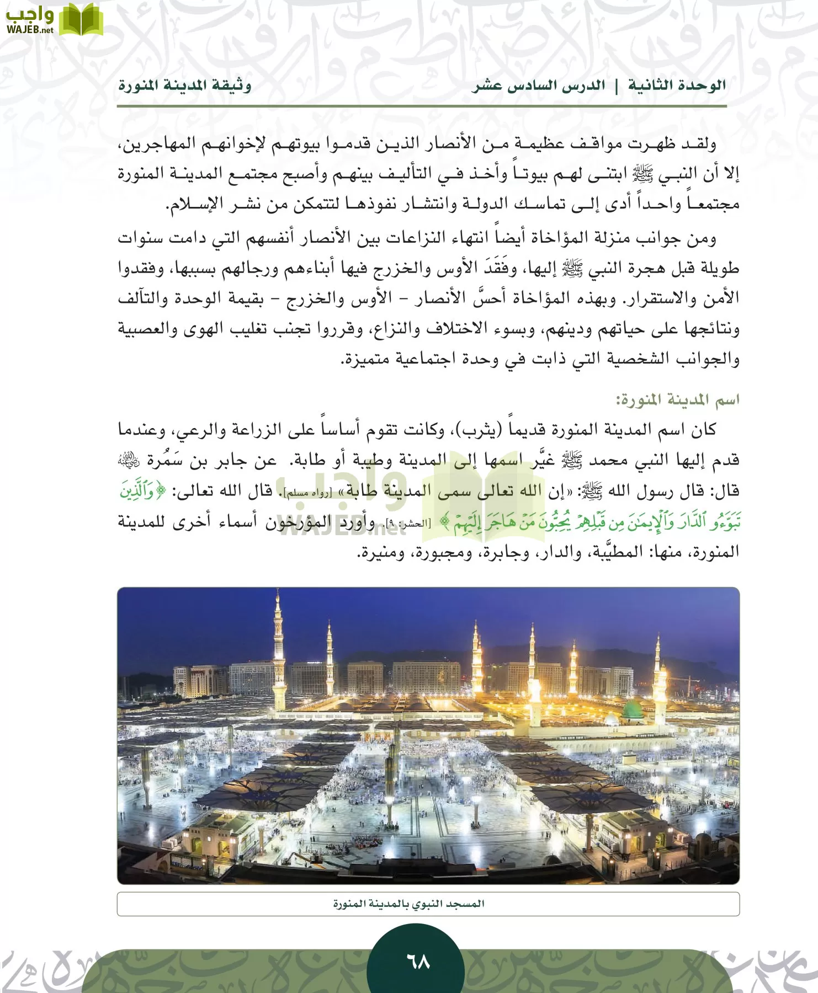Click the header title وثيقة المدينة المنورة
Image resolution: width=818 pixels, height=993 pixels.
point(185,86)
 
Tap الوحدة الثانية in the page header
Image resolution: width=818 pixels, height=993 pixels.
point(677,86)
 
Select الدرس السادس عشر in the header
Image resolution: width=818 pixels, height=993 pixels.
point(538,86)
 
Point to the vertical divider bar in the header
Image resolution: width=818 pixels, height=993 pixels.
point(617,86)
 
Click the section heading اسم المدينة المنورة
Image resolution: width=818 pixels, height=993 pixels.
point(677,399)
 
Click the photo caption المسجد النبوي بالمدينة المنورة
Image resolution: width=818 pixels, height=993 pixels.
point(408,904)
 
